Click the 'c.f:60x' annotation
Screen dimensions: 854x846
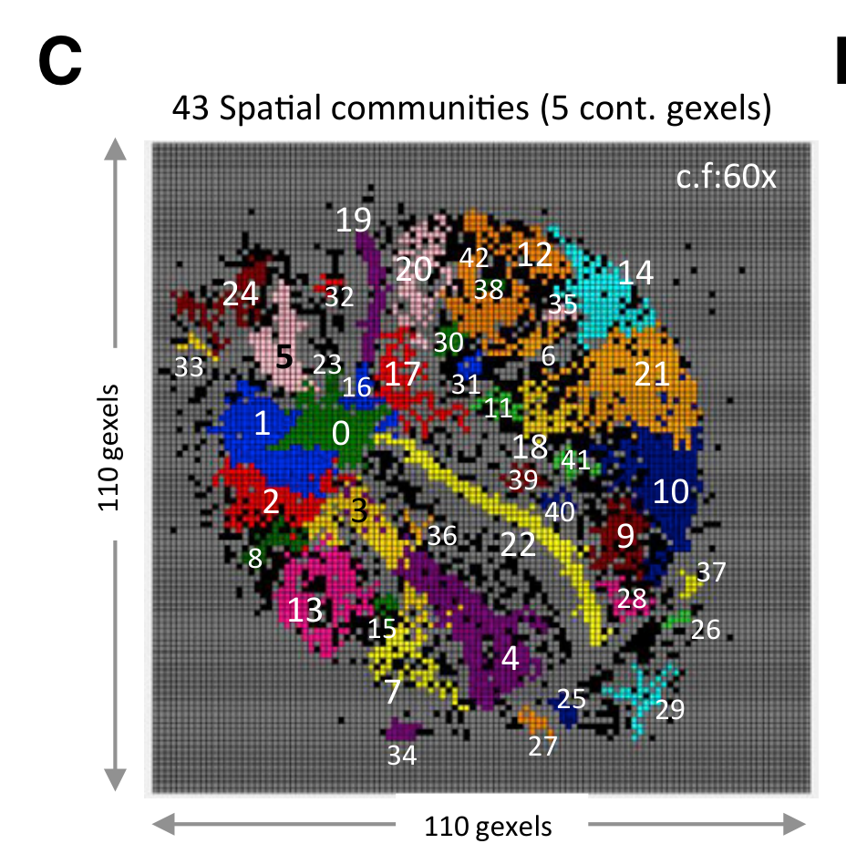coord(727,176)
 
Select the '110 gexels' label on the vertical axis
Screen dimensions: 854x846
coord(109,447)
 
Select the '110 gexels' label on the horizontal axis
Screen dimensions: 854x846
coord(488,827)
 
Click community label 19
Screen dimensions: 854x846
coord(354,220)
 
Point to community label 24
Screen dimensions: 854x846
coord(242,293)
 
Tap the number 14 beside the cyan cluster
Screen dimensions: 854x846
coord(636,272)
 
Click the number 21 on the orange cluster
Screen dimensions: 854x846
coord(652,374)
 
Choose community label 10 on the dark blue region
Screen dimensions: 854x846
coord(671,492)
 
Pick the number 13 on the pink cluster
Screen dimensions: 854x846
coord(305,610)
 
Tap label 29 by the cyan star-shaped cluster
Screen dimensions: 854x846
coord(670,710)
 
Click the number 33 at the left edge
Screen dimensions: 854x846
coord(189,367)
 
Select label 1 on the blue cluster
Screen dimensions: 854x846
coord(262,424)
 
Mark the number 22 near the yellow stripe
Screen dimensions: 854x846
coord(518,544)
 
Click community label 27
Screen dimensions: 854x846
coord(542,746)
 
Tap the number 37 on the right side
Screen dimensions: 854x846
coord(711,572)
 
